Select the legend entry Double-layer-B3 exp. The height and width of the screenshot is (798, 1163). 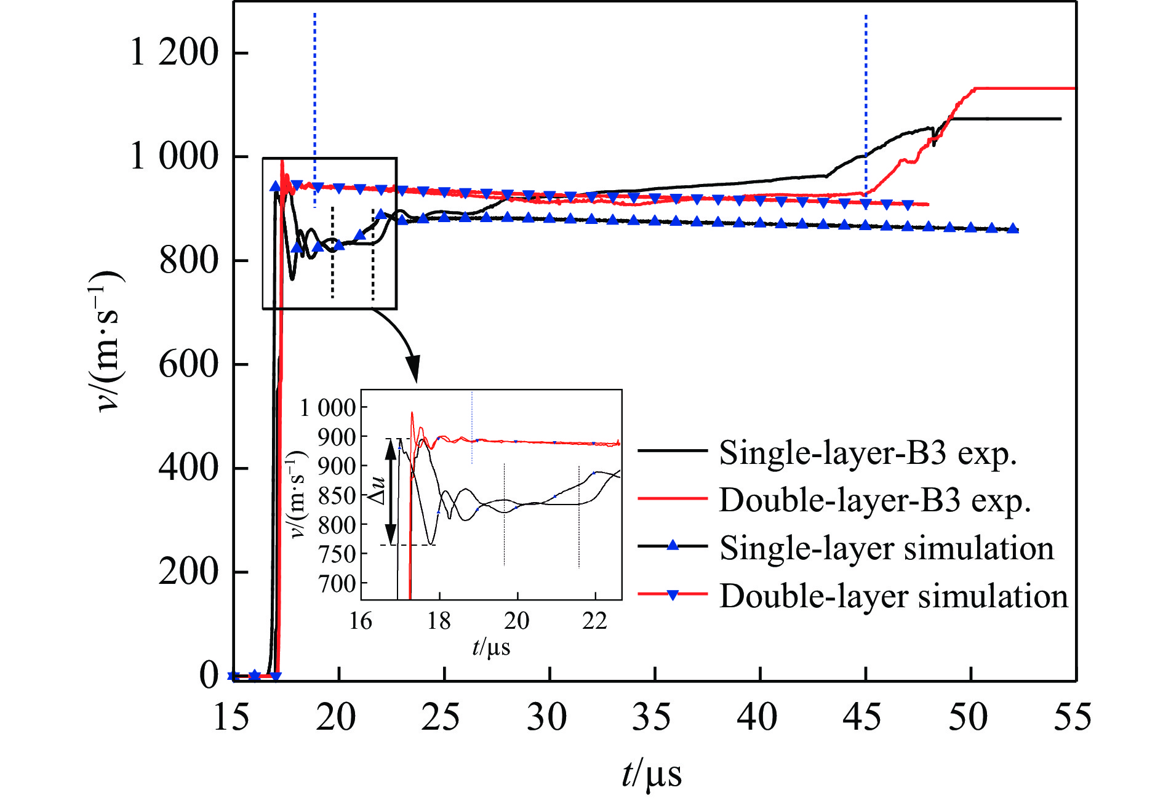[875, 500]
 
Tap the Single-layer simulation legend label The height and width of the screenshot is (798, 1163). [887, 548]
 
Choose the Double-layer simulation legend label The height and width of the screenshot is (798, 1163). [893, 596]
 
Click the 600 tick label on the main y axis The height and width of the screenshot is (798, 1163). [189, 364]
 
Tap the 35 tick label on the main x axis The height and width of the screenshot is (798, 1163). [654, 717]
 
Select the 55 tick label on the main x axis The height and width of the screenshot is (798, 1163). [1073, 717]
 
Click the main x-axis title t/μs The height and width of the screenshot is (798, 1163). [652, 774]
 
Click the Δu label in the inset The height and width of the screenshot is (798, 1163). [377, 491]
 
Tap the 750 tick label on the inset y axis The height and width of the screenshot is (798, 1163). [337, 554]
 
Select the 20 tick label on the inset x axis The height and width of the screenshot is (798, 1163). [517, 621]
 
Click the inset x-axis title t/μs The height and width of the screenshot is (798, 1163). [491, 647]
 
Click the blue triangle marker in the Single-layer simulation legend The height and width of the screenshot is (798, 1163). [673, 545]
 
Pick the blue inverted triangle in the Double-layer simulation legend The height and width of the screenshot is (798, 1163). [673, 595]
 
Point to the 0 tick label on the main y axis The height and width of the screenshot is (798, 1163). [209, 675]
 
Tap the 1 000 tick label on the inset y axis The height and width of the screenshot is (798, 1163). [328, 407]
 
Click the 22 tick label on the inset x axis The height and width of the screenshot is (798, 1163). [595, 621]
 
